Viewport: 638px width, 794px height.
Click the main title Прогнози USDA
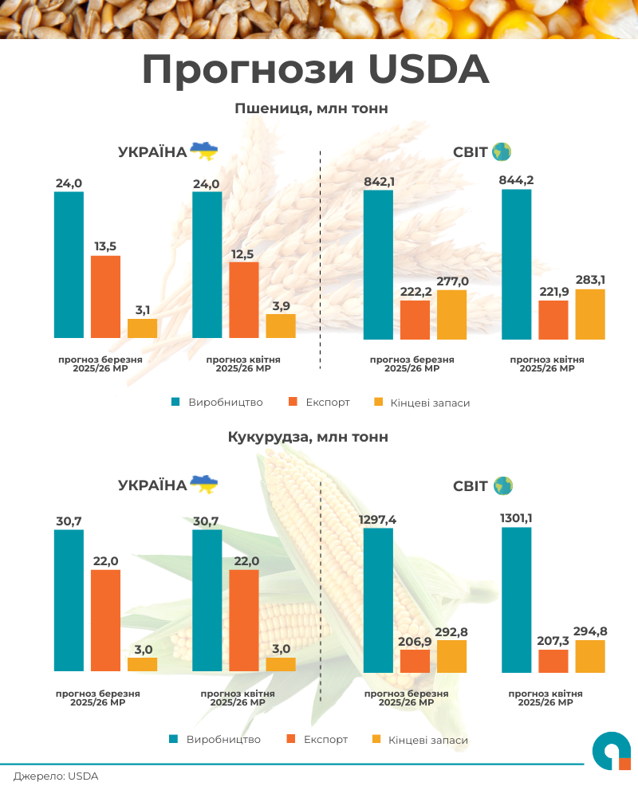pyautogui.click(x=315, y=70)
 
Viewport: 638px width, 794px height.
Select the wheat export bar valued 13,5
pyautogui.click(x=105, y=297)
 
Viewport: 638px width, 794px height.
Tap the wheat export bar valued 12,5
pyautogui.click(x=244, y=300)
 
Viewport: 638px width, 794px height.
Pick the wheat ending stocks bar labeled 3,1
pyautogui.click(x=143, y=328)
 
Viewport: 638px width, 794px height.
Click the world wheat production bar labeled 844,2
pyautogui.click(x=517, y=264)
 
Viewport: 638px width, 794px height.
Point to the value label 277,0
pyautogui.click(x=452, y=281)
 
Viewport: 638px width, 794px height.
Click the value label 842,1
pyautogui.click(x=379, y=182)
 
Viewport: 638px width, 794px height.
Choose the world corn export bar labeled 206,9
pyautogui.click(x=415, y=660)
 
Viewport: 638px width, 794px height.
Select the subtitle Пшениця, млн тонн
pyautogui.click(x=311, y=108)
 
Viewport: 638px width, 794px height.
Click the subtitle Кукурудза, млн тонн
pyautogui.click(x=308, y=437)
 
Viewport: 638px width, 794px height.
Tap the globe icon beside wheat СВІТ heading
pyautogui.click(x=502, y=151)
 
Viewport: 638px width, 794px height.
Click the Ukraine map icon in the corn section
pyautogui.click(x=203, y=484)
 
